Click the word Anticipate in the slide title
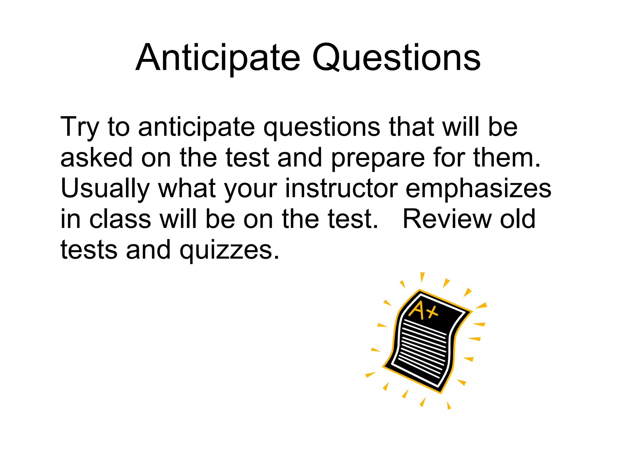click(x=218, y=58)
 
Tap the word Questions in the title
click(x=396, y=58)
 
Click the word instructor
click(x=341, y=188)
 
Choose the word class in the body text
click(x=120, y=219)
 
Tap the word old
click(x=518, y=219)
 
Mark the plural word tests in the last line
click(x=89, y=250)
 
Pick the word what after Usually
click(x=187, y=188)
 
